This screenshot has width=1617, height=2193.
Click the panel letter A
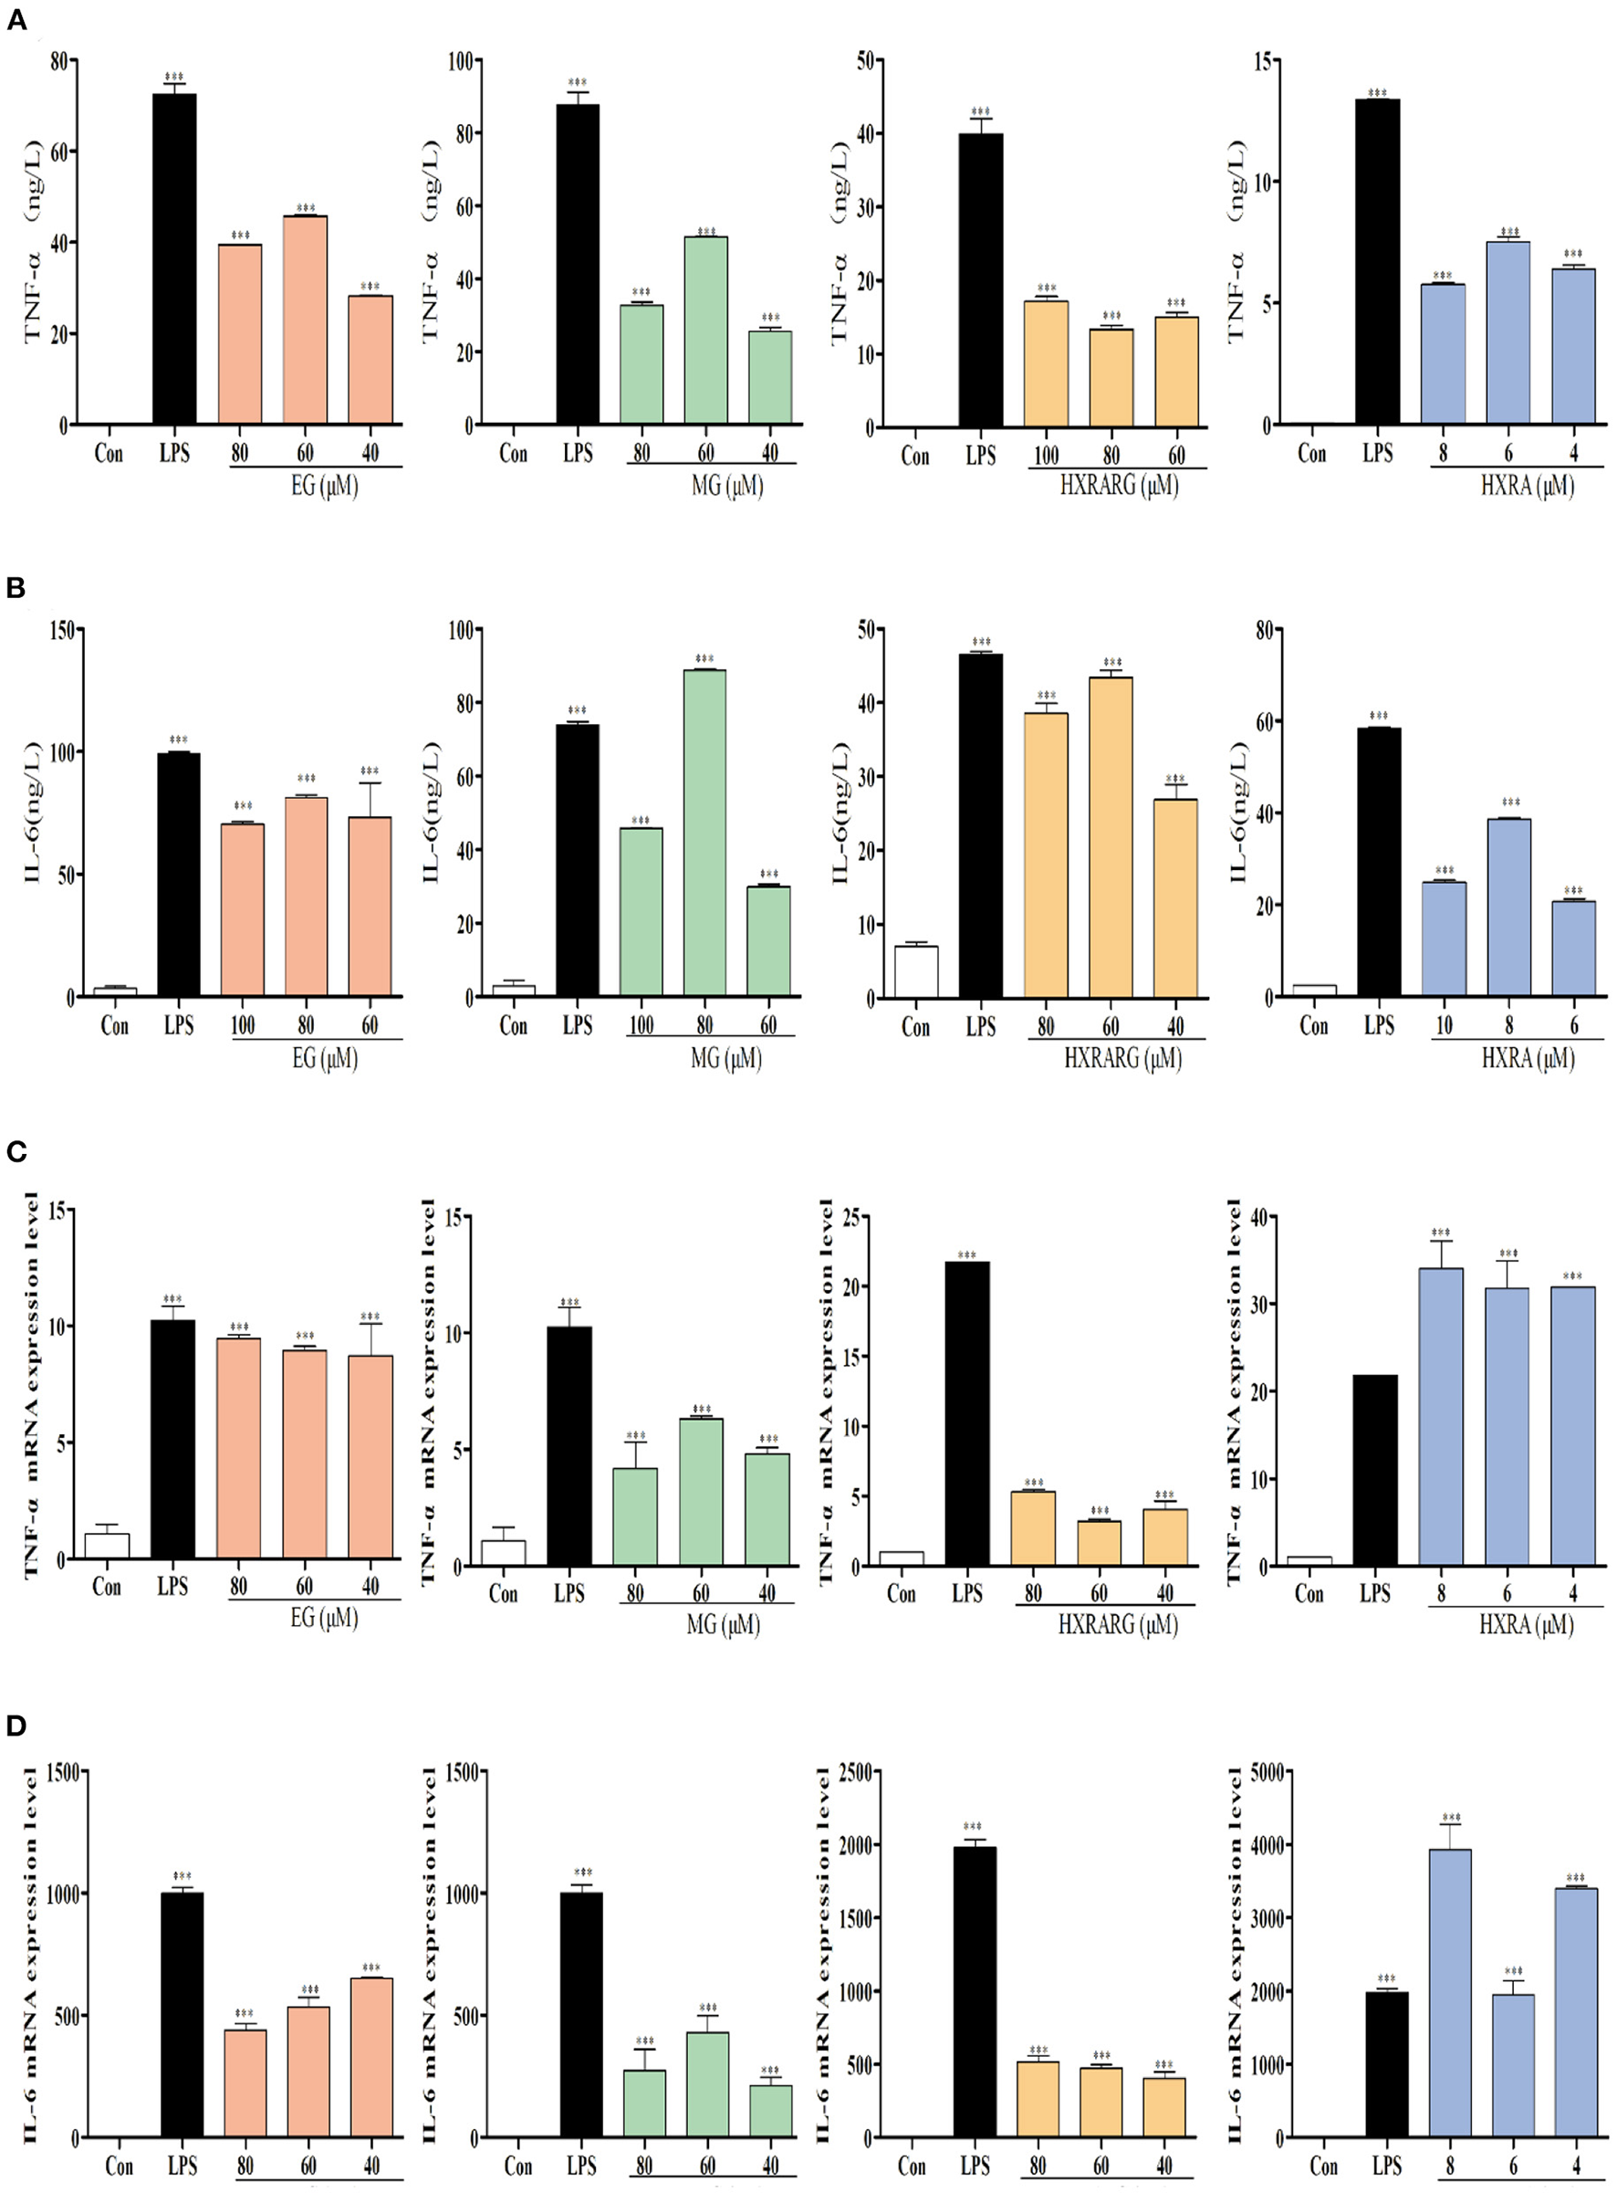pyautogui.click(x=16, y=22)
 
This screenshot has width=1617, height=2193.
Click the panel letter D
pyautogui.click(x=16, y=1725)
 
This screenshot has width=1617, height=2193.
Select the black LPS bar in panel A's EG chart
pyautogui.click(x=174, y=259)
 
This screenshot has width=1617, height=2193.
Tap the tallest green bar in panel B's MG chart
pyautogui.click(x=704, y=832)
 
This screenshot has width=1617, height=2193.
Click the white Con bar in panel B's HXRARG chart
pyautogui.click(x=916, y=972)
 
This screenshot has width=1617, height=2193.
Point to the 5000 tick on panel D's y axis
pyautogui.click(x=1262, y=1771)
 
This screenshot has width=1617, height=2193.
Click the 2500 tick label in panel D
pyautogui.click(x=853, y=1771)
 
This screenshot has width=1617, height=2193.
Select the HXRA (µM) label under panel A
pyautogui.click(x=1527, y=486)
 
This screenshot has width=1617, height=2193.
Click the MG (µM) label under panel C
pyautogui.click(x=723, y=1625)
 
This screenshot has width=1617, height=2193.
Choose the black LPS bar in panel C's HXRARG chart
pyautogui.click(x=967, y=1413)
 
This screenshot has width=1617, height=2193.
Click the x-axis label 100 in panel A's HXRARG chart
pyautogui.click(x=1047, y=456)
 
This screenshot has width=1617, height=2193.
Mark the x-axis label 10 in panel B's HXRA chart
pyautogui.click(x=1444, y=1026)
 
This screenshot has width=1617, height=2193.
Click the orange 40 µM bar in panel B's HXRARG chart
pyautogui.click(x=1175, y=897)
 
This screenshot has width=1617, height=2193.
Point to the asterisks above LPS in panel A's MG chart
pyautogui.click(x=578, y=83)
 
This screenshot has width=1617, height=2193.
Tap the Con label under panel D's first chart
pyautogui.click(x=119, y=2166)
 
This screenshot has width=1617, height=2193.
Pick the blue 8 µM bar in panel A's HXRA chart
pyautogui.click(x=1443, y=353)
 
